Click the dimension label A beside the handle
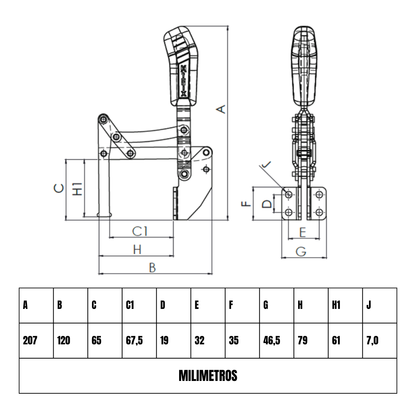click(x=221, y=109)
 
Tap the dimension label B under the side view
click(x=152, y=268)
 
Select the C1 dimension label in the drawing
click(x=139, y=231)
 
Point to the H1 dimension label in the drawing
click(x=78, y=189)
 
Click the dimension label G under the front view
click(x=301, y=251)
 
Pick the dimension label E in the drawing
click(x=303, y=232)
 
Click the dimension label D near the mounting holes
click(x=267, y=204)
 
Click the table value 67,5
click(x=134, y=341)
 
